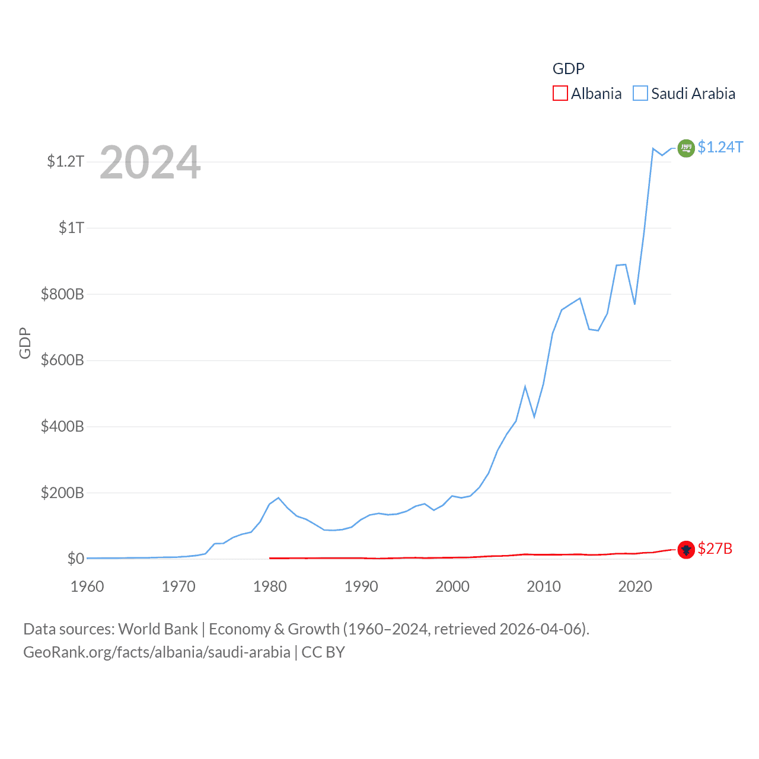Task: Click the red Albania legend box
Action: pyautogui.click(x=560, y=94)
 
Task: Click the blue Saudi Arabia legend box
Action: pyautogui.click(x=640, y=94)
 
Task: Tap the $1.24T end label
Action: pyautogui.click(x=720, y=147)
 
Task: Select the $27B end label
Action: pyautogui.click(x=715, y=548)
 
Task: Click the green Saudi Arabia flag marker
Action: pyautogui.click(x=686, y=148)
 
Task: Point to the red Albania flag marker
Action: pyautogui.click(x=686, y=550)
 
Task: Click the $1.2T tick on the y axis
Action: pyautogui.click(x=65, y=161)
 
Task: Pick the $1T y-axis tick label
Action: pyautogui.click(x=71, y=228)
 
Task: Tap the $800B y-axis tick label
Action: pyautogui.click(x=62, y=294)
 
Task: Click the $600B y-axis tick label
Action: pyautogui.click(x=62, y=361)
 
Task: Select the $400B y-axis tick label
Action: pyautogui.click(x=62, y=427)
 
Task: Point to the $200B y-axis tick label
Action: pyautogui.click(x=62, y=493)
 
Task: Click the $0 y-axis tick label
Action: pyautogui.click(x=75, y=559)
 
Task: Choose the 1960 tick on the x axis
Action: pyautogui.click(x=87, y=587)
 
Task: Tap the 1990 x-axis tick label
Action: pyautogui.click(x=361, y=587)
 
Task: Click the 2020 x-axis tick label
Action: pyautogui.click(x=635, y=587)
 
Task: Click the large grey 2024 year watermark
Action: pyautogui.click(x=150, y=162)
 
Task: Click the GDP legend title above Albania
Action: pyautogui.click(x=568, y=69)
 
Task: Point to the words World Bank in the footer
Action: pyautogui.click(x=158, y=629)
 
